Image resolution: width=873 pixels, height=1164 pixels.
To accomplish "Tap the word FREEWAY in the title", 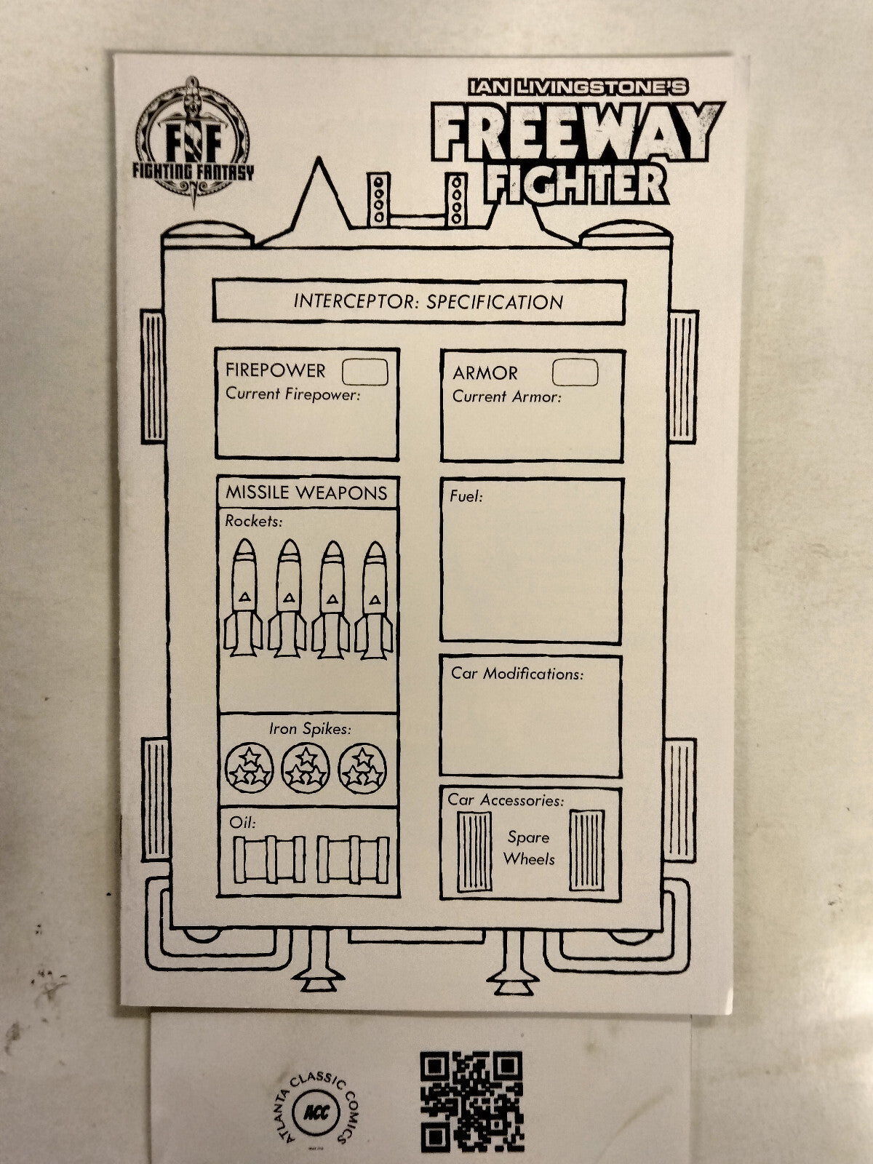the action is pyautogui.click(x=577, y=130).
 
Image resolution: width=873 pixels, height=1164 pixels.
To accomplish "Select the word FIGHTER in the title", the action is pyautogui.click(x=576, y=184).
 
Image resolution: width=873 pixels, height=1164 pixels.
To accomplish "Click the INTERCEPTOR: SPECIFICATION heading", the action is pyautogui.click(x=428, y=302).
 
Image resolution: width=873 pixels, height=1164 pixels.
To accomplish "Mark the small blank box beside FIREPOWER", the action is pyautogui.click(x=364, y=372).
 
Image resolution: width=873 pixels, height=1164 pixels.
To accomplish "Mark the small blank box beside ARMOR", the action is pyautogui.click(x=575, y=372).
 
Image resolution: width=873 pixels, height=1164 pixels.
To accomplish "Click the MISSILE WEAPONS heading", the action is pyautogui.click(x=306, y=493).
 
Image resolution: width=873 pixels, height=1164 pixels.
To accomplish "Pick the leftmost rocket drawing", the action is pyautogui.click(x=243, y=598).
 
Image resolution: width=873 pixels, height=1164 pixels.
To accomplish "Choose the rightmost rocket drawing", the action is pyautogui.click(x=374, y=599).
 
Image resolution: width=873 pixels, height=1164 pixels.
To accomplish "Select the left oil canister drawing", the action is pyautogui.click(x=269, y=859).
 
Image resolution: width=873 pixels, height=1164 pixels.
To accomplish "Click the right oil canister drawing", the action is pyautogui.click(x=353, y=859).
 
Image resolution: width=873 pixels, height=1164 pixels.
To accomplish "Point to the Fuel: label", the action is pyautogui.click(x=466, y=497).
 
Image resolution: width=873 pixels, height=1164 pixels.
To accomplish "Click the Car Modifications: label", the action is pyautogui.click(x=517, y=674).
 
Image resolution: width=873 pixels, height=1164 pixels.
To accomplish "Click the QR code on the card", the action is pyautogui.click(x=471, y=1101).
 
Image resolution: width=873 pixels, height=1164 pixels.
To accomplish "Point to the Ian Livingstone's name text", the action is pyautogui.click(x=578, y=87).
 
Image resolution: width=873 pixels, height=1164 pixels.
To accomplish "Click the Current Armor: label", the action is pyautogui.click(x=507, y=396).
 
